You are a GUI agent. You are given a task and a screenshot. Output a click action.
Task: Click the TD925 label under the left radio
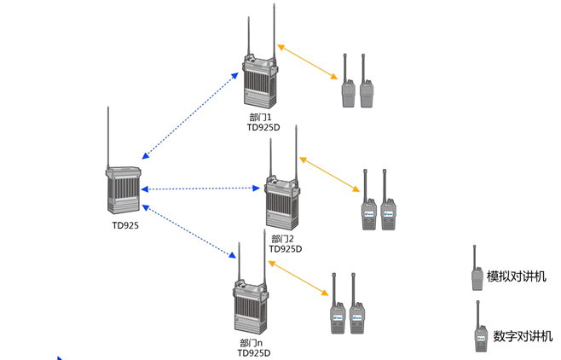click(x=124, y=226)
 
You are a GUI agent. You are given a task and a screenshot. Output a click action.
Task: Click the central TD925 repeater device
click(x=122, y=190)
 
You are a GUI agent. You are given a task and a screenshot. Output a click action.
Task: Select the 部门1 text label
click(x=260, y=118)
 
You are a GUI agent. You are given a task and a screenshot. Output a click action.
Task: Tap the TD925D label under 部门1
click(x=263, y=128)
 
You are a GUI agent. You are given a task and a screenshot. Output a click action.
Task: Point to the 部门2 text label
click(x=282, y=239)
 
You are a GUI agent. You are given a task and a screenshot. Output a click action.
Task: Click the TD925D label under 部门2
click(x=285, y=249)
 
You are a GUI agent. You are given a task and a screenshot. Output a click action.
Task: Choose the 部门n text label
click(x=251, y=343)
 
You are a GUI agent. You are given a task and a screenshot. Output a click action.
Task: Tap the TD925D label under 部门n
click(x=253, y=353)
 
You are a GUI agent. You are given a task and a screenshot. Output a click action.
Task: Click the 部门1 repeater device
click(x=259, y=82)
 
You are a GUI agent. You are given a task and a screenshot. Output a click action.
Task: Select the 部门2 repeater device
click(x=281, y=203)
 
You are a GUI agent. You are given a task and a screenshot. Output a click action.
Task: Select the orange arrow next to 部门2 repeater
click(x=329, y=174)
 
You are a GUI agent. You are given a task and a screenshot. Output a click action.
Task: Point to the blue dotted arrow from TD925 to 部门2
click(x=200, y=189)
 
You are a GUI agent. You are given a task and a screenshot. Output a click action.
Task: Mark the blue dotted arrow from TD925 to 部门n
click(x=188, y=231)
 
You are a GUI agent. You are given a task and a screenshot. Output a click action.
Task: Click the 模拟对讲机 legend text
click(x=517, y=276)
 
